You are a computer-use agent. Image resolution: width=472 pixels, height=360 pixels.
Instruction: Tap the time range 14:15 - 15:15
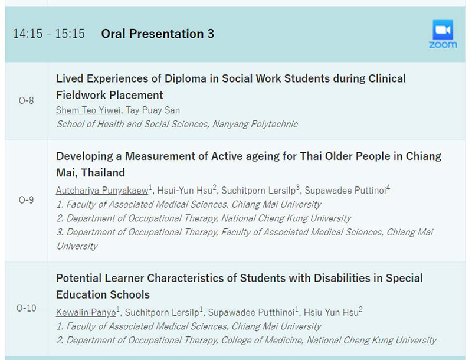pos(49,34)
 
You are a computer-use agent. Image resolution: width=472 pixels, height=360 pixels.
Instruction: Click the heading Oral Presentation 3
pos(158,34)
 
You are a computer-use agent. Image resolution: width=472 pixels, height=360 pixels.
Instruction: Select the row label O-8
pos(26,100)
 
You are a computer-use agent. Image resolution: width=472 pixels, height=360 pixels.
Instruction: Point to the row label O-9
pos(26,200)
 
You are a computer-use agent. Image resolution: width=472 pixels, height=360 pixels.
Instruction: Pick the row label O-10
pos(26,308)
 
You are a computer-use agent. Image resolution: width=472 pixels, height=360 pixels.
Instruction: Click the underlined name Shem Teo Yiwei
pos(88,110)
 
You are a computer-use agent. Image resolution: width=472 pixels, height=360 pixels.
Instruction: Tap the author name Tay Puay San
pos(153,110)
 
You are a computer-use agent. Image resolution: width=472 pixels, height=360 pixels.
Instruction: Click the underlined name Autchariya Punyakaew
pos(102,190)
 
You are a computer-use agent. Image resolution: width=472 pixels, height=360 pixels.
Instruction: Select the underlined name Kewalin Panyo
pos(86,312)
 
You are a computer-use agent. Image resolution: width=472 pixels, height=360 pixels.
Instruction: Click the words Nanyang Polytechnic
pos(255,124)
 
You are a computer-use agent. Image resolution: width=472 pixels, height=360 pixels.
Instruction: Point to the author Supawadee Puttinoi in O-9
pos(345,190)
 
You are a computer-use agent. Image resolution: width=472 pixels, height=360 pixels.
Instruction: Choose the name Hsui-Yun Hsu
pos(185,190)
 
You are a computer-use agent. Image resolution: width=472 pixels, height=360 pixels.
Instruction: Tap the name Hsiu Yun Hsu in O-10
pos(331,312)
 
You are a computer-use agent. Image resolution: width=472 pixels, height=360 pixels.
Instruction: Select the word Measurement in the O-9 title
pos(166,156)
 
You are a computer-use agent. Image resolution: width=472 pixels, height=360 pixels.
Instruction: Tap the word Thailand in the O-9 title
pos(103,173)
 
